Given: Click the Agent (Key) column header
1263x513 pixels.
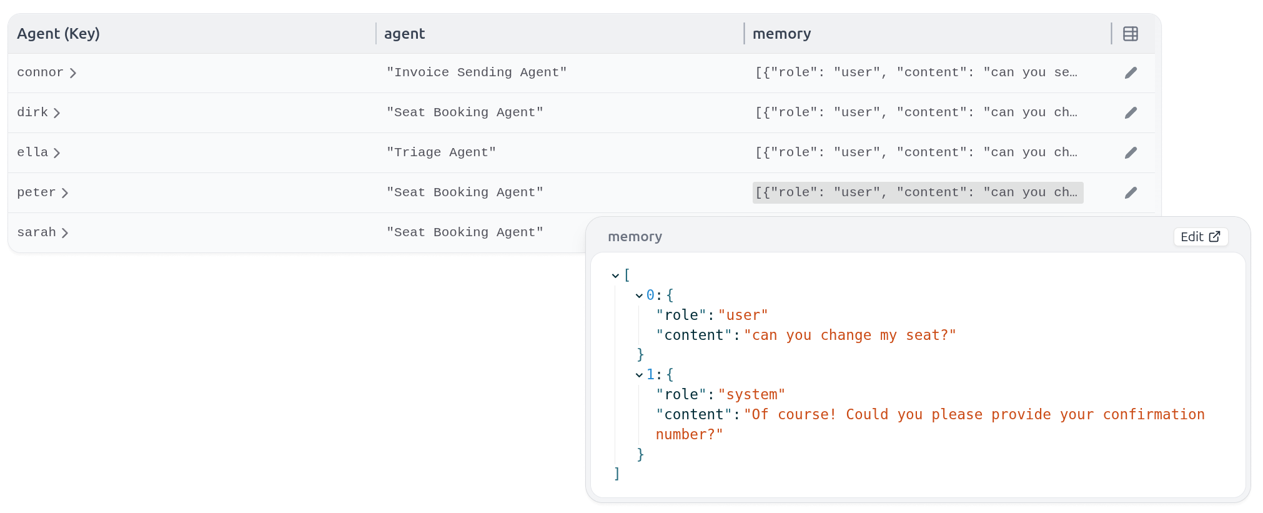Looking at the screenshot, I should point(58,34).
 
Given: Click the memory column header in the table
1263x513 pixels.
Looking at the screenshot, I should point(781,34).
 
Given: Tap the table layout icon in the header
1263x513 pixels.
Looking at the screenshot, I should point(1130,34).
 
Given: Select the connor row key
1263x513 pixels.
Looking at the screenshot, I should point(40,72).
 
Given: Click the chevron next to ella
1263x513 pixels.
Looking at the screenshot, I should point(57,153).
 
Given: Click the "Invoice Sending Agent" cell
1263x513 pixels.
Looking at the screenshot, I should point(476,72).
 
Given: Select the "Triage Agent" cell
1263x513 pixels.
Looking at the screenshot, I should point(441,152).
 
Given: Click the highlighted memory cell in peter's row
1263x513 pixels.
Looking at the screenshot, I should point(917,192).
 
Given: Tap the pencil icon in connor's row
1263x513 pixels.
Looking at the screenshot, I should point(1131,73).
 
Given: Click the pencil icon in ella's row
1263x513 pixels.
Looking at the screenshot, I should point(1131,153).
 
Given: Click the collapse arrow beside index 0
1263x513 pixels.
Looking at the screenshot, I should point(639,296).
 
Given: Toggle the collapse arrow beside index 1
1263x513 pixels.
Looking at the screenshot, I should point(639,375).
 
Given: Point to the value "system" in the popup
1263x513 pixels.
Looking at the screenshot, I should point(751,395).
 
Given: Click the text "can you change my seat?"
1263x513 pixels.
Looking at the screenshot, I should point(849,336).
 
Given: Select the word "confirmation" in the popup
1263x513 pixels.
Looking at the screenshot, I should point(1153,415).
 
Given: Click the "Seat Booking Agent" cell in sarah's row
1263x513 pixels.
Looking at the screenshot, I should point(465,232).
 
